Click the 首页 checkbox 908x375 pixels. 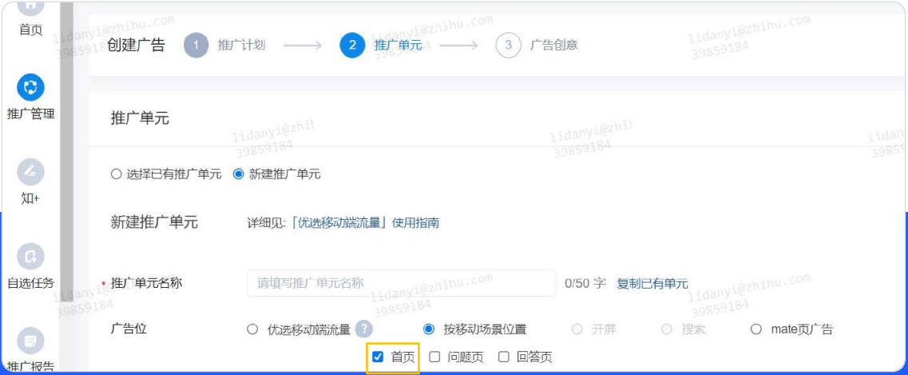click(x=379, y=357)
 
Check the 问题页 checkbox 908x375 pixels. click(x=435, y=357)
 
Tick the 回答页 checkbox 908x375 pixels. click(x=504, y=357)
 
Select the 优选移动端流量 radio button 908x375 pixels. click(x=253, y=329)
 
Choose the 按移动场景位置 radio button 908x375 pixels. click(x=429, y=329)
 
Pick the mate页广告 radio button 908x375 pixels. click(x=755, y=329)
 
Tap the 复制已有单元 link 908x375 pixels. click(x=652, y=284)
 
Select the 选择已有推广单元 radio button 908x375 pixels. click(x=117, y=174)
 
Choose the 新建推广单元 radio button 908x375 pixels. click(x=238, y=174)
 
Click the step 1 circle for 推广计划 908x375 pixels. click(x=196, y=46)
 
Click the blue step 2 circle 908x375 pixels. click(x=352, y=46)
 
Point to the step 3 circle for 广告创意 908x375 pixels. click(x=508, y=46)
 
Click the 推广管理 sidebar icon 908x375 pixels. click(x=30, y=88)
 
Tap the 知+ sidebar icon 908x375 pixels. click(x=30, y=172)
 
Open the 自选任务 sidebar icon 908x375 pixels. click(x=30, y=256)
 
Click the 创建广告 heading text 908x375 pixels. click(x=136, y=46)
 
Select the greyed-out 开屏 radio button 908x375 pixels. click(x=577, y=329)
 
